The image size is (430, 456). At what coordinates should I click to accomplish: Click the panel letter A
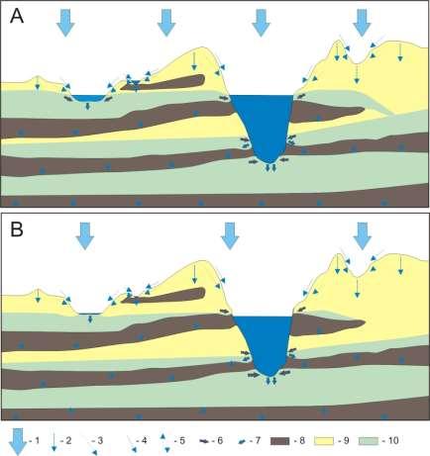[17, 17]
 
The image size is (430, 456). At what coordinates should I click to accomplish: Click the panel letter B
[17, 229]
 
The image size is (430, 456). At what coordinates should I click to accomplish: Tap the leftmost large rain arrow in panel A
[65, 23]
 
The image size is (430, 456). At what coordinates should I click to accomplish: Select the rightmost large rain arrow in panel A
[362, 23]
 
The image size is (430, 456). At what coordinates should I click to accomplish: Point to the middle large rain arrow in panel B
[230, 235]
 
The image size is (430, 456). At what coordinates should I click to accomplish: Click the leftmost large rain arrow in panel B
[85, 235]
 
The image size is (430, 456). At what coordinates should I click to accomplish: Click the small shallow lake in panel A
[88, 98]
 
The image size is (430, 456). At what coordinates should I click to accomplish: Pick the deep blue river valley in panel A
[262, 126]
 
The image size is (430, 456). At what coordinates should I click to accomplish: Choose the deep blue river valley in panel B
[263, 343]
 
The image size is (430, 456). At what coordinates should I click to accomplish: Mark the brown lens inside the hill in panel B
[164, 296]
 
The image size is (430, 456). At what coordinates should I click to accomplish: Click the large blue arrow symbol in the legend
[17, 442]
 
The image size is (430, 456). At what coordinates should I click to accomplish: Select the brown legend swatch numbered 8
[279, 441]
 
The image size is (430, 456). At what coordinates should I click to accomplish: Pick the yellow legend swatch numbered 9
[324, 441]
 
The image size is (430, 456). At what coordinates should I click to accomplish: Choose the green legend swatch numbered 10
[369, 441]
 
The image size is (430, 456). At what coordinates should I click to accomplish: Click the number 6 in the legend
[220, 440]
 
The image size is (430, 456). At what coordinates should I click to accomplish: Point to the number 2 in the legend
[68, 440]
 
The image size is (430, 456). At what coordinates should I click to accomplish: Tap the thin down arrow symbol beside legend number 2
[54, 442]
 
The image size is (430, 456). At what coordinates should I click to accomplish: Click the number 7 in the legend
[258, 440]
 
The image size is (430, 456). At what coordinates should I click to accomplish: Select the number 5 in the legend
[182, 440]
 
